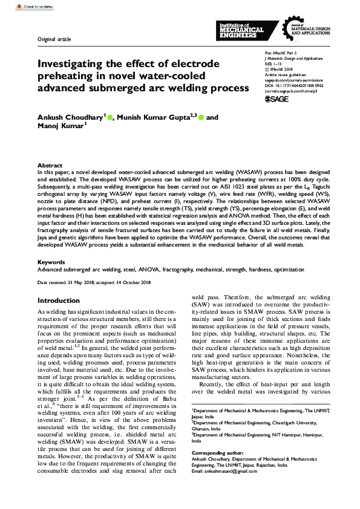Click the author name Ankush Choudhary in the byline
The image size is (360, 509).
(x=70, y=117)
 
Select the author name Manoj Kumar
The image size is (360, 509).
(x=61, y=128)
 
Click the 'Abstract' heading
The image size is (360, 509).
(x=50, y=165)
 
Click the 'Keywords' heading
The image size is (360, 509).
(x=51, y=262)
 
